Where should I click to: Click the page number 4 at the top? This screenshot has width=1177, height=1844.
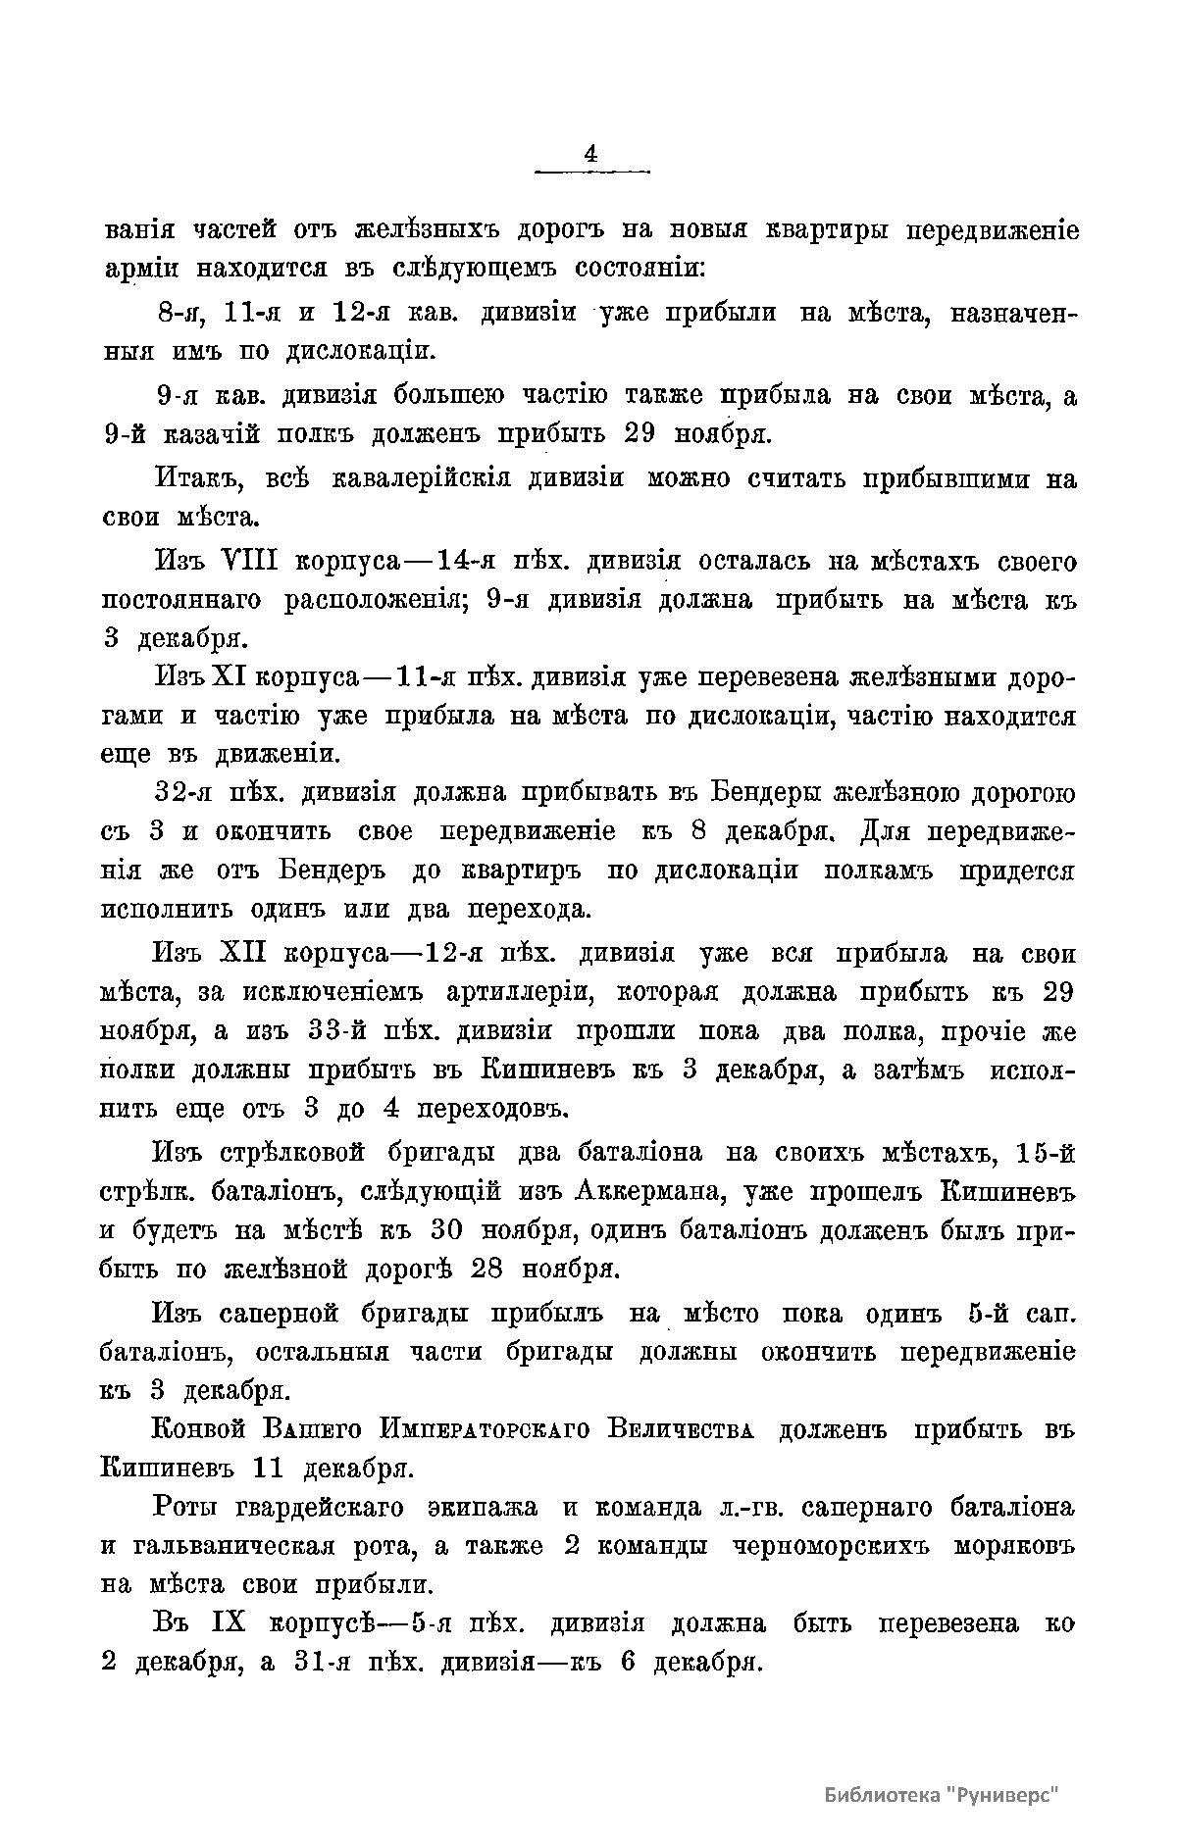point(590,154)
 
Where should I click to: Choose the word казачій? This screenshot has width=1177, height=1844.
point(234,433)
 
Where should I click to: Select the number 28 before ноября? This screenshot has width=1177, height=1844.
point(487,1269)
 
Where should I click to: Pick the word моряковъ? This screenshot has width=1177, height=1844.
point(1014,1546)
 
